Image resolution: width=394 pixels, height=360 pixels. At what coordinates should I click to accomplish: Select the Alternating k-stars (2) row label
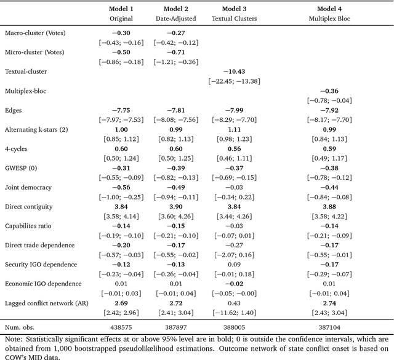click(x=39, y=129)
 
